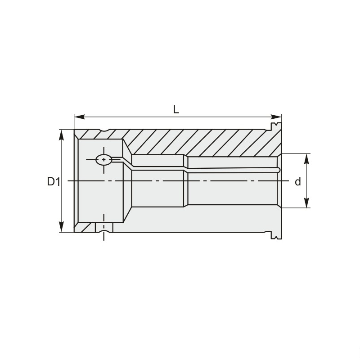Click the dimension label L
tap(176, 109)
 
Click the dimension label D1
tap(54, 182)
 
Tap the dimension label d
tap(298, 182)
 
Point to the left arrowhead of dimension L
tap(79, 117)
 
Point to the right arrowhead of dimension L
tap(276, 117)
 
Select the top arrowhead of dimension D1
tap(61, 135)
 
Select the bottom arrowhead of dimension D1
tap(61, 227)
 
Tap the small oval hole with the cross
tap(104, 160)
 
